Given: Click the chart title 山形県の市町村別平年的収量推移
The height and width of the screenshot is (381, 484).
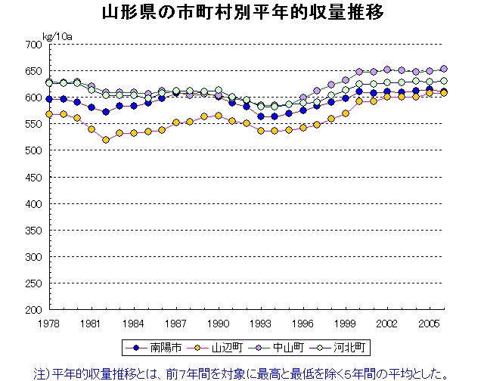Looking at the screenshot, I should [x=241, y=14].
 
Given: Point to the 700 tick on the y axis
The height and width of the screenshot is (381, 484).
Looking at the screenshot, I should [x=33, y=45].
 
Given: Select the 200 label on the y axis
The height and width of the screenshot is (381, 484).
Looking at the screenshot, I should [x=33, y=310].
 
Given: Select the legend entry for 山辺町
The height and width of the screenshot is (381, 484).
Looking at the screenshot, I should [x=219, y=348].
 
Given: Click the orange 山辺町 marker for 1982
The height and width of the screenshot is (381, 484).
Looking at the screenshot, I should [x=106, y=140].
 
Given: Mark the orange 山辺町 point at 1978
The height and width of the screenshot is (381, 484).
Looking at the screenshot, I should [x=49, y=114].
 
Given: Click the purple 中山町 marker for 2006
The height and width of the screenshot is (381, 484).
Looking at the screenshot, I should [x=444, y=69].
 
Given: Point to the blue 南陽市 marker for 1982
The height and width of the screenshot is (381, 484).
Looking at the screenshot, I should [x=106, y=112].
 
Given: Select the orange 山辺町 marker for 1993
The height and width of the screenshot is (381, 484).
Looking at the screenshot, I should [x=261, y=131].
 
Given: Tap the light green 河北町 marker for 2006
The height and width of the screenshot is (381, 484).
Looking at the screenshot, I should [x=444, y=81].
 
